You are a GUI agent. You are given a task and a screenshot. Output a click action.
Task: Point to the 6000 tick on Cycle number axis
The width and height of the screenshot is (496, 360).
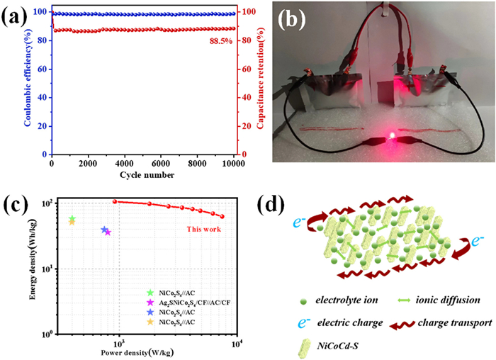[162, 164]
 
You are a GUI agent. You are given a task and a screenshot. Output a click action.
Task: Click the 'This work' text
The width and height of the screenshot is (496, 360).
[204, 229]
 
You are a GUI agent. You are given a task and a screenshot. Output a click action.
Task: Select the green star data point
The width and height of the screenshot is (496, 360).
[72, 219]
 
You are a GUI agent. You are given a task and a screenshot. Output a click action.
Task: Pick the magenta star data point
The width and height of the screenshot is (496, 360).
[108, 232]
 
